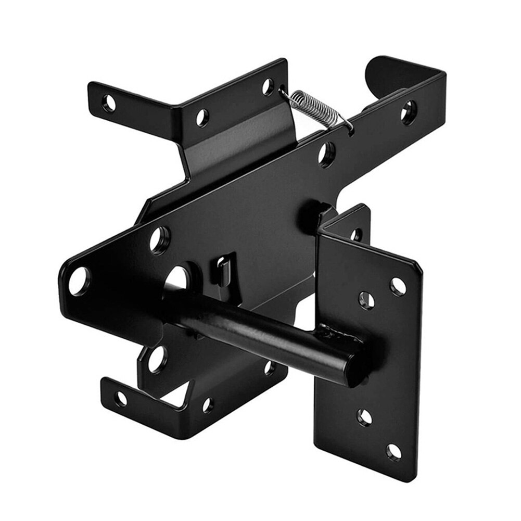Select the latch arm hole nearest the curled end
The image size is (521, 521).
pos(409,111)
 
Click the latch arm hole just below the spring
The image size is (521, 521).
pos(327,153)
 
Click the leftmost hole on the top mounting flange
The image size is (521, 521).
pos(109,103)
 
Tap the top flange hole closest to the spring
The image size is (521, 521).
pos(268,86)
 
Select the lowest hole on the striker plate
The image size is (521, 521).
pos(394,452)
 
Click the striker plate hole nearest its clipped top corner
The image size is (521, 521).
pos(398,286)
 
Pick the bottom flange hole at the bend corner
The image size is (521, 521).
pos(208,404)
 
